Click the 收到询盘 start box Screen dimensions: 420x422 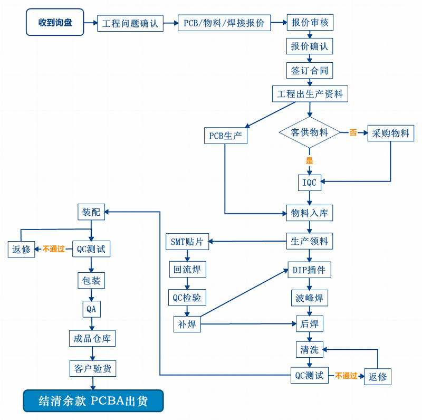(55, 23)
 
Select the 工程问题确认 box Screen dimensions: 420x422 (130, 23)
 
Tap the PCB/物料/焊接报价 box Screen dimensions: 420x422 (224, 23)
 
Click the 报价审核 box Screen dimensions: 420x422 (310, 23)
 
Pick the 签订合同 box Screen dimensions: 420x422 (310, 70)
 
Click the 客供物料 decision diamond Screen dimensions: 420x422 (310, 132)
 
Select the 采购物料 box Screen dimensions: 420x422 (390, 133)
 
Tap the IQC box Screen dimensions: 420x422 (310, 182)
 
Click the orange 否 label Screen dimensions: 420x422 (353, 133)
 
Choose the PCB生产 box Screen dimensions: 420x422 (225, 136)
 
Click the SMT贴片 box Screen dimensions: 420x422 (187, 242)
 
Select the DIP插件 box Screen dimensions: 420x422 (310, 271)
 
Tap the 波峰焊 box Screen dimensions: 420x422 (310, 298)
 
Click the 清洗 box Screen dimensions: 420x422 (310, 349)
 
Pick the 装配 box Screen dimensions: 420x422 (91, 212)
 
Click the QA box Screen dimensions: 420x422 (91, 309)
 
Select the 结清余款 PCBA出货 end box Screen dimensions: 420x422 (93, 401)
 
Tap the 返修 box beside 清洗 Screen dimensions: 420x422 (378, 377)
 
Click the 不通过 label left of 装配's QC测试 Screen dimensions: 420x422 (54, 249)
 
